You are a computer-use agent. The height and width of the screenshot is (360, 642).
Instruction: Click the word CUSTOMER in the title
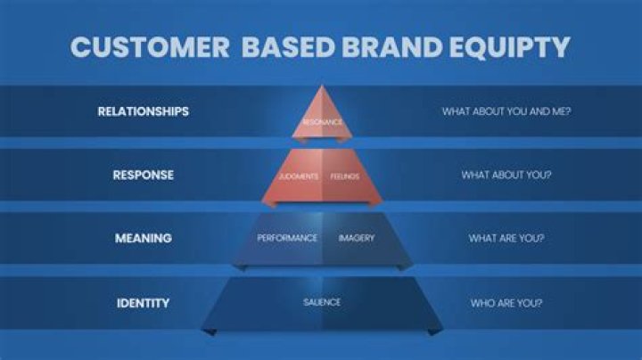tap(150, 46)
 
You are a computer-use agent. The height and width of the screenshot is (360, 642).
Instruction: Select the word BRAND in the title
tap(391, 46)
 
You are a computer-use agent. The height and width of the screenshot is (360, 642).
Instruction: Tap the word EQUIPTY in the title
tap(510, 46)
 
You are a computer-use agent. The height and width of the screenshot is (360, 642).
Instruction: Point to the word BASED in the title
tap(288, 46)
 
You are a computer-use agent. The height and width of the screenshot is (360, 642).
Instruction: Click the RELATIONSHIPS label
tap(144, 111)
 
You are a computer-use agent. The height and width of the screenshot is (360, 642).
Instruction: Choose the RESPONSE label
tap(144, 175)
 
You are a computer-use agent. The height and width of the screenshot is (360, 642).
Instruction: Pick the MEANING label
tap(144, 238)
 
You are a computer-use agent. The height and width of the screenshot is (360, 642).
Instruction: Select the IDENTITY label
tap(144, 303)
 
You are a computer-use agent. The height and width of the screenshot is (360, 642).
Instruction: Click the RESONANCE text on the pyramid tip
tap(322, 122)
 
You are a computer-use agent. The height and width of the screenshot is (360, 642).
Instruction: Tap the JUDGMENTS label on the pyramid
tap(299, 176)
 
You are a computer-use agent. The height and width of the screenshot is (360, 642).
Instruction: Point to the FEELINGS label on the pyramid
tap(345, 176)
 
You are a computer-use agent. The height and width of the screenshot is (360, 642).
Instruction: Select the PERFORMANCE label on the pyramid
tap(287, 238)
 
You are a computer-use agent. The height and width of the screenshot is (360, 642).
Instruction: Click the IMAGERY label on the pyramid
tap(356, 238)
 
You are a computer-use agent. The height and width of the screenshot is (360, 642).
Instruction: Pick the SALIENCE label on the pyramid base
tap(322, 302)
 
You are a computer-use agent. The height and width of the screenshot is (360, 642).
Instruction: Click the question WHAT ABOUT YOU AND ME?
tap(506, 111)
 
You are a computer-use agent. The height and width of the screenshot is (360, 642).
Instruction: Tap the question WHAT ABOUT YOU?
tap(506, 175)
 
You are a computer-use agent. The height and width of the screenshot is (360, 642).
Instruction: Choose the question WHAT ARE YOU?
tap(506, 238)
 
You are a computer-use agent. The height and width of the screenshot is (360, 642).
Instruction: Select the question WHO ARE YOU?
tap(506, 303)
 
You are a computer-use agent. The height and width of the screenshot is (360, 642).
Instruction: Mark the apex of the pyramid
tap(322, 85)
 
